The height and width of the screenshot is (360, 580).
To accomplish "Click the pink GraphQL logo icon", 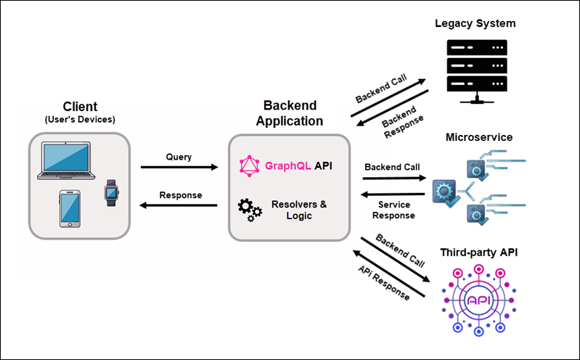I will [x=250, y=166].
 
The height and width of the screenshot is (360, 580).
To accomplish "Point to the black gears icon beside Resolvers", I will [x=250, y=210].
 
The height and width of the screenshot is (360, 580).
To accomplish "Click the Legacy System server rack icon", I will [x=475, y=69].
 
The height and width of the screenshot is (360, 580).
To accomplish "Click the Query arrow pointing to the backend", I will [x=179, y=168].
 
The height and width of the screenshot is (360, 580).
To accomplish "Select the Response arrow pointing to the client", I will [x=179, y=206].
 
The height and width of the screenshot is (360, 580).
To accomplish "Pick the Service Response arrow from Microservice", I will [x=393, y=194].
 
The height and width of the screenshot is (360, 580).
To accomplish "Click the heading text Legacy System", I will [x=475, y=23].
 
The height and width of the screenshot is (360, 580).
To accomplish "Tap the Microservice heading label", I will [x=479, y=136].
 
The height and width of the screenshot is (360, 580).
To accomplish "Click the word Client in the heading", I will [x=80, y=107].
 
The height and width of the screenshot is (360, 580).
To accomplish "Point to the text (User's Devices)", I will [x=80, y=119].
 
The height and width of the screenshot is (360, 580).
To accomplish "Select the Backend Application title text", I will [x=289, y=114].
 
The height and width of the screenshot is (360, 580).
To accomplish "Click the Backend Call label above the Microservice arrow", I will [x=392, y=167].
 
